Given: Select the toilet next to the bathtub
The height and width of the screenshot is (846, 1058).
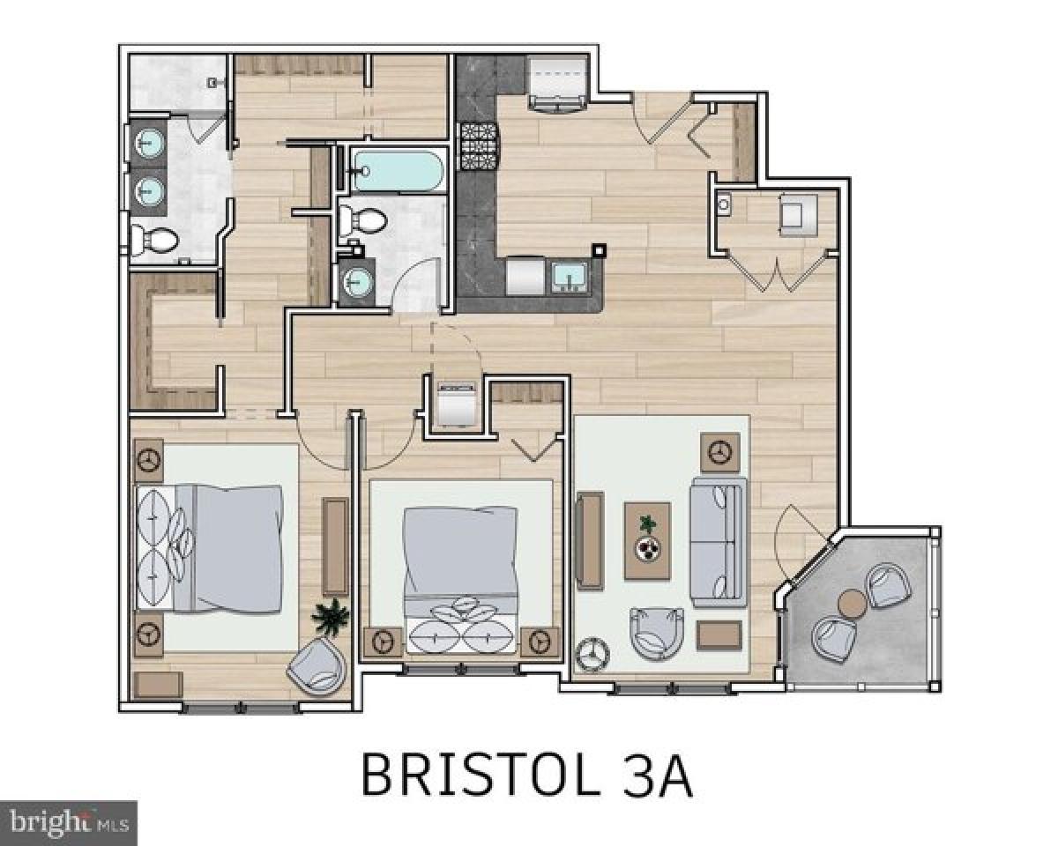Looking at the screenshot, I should pos(364,219).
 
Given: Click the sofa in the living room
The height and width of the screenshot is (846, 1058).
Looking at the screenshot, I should pos(718,541).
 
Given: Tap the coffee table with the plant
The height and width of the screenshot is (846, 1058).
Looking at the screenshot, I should pos(648,540).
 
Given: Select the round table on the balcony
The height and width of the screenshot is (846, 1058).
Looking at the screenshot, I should pos(852,604).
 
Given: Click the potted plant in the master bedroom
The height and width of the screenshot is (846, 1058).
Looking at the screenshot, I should pos(331,616).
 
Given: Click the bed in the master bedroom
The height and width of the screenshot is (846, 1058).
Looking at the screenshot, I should pos(212,546).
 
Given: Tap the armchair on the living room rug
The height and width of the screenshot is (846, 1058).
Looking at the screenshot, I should pos(657,632).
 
